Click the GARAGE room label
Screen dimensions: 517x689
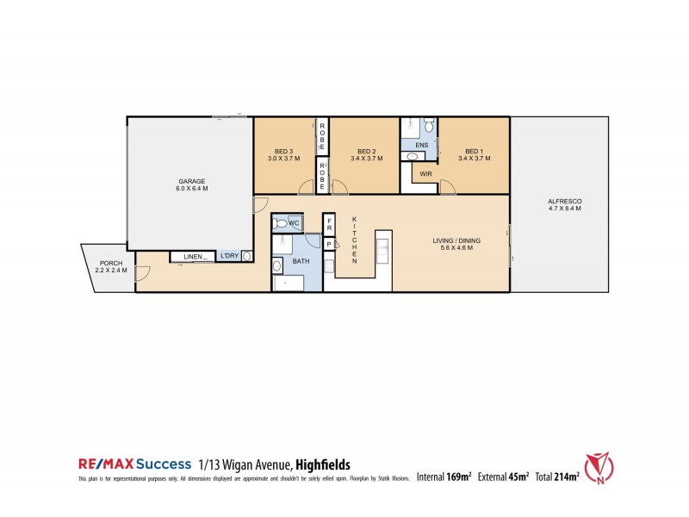192,182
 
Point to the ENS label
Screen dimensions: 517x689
422,146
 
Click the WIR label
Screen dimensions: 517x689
425,174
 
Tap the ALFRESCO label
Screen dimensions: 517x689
564,201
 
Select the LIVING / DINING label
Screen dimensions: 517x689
456,240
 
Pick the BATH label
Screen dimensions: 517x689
301,259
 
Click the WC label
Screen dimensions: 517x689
294,224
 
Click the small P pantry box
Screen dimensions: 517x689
329,245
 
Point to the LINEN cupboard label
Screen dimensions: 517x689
193,257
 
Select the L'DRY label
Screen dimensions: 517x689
229,257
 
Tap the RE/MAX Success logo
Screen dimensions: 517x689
134,464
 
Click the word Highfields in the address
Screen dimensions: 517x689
320,464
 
